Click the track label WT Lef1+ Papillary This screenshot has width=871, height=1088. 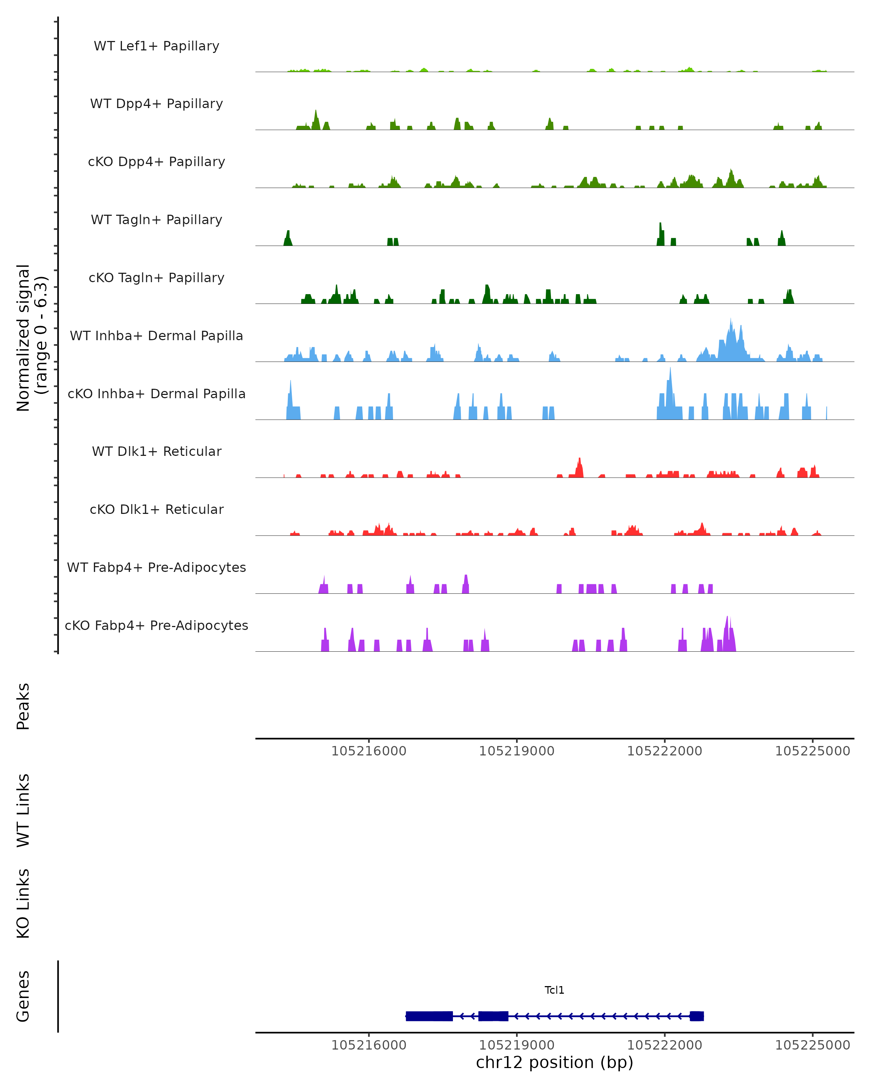[x=156, y=46]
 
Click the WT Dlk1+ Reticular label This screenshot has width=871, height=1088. [x=156, y=451]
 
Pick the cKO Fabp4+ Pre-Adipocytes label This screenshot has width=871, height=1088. [x=156, y=625]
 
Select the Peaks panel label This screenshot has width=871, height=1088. [x=23, y=706]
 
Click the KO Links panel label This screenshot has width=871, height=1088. [x=23, y=904]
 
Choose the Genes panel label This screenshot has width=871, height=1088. [x=23, y=996]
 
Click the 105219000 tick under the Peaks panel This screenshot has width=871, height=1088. [x=516, y=751]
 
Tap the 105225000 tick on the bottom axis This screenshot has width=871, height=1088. [x=813, y=1045]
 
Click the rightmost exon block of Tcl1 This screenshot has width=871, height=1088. [x=697, y=1016]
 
